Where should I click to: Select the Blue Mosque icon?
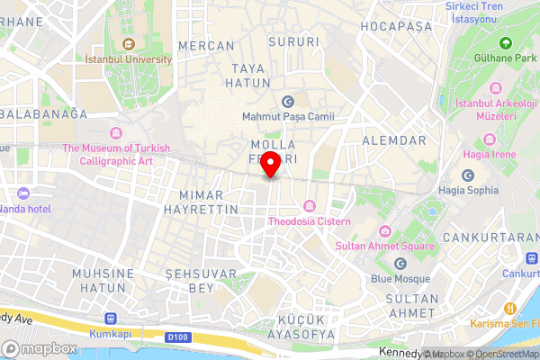pyautogui.click(x=400, y=263)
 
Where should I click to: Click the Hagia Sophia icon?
pyautogui.click(x=467, y=175)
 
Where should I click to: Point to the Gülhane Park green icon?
pyautogui.click(x=505, y=42)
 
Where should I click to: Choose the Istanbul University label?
pyautogui.click(x=128, y=59)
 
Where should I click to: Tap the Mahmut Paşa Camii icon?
pyautogui.click(x=288, y=101)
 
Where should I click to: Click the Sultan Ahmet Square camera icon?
pyautogui.click(x=385, y=230)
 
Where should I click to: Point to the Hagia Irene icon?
pyautogui.click(x=490, y=139)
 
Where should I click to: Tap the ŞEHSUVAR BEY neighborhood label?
pyautogui.click(x=201, y=280)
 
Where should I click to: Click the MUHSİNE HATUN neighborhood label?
pyautogui.click(x=103, y=280)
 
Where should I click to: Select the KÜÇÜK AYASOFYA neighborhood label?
pyautogui.click(x=293, y=327)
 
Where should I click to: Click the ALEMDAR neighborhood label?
pyautogui.click(x=393, y=141)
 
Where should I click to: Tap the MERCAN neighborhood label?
pyautogui.click(x=207, y=45)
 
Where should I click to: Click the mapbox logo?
pyautogui.click(x=40, y=348)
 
